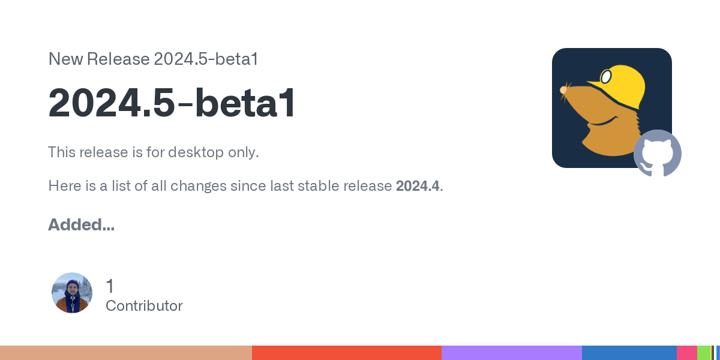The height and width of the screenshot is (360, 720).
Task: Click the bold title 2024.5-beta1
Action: (172, 103)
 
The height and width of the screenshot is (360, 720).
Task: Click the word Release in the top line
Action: (118, 59)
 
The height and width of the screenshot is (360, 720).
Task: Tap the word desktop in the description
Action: (196, 152)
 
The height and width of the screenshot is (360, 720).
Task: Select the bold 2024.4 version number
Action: (418, 186)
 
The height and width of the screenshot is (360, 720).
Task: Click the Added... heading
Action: (82, 224)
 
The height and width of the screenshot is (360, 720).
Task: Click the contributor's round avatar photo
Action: (72, 293)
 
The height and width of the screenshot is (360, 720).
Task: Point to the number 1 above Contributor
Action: (110, 286)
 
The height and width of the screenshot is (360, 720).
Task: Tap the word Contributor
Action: (144, 305)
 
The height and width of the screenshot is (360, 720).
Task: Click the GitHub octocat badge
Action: (658, 154)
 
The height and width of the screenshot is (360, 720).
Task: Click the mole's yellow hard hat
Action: (620, 85)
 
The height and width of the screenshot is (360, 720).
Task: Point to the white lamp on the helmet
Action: (606, 77)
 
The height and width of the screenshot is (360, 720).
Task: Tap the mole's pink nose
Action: (563, 90)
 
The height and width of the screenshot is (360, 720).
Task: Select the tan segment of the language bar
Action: (126, 353)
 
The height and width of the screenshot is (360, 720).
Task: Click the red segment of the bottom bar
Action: (347, 353)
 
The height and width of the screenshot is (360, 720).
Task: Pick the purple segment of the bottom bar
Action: (512, 353)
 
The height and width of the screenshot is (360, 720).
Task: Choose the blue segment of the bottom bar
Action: (629, 353)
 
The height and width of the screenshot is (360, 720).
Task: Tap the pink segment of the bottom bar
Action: (687, 353)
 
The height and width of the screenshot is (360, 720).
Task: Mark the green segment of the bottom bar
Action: (704, 353)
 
